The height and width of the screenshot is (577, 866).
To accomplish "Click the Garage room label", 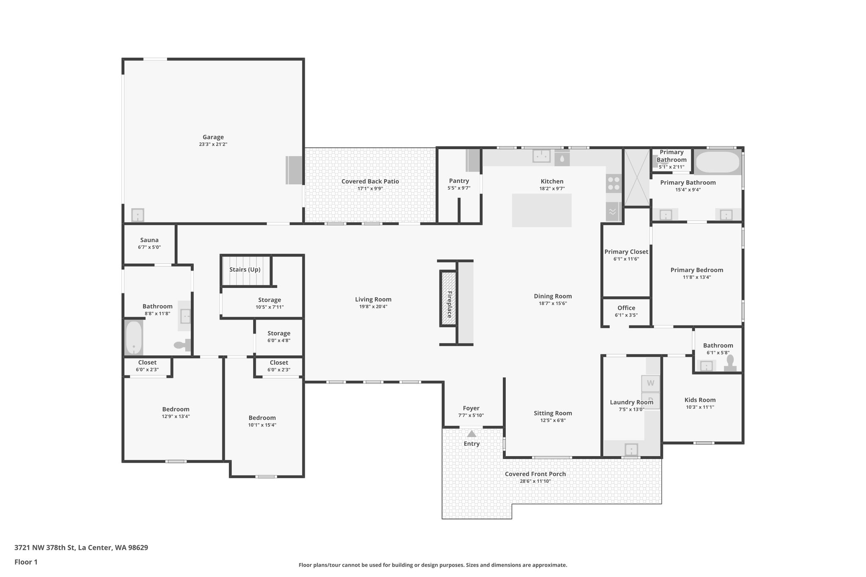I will coord(213,137).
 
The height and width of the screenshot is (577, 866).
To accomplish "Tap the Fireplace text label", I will coord(449,304).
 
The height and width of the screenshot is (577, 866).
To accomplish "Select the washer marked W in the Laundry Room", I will coord(650,383).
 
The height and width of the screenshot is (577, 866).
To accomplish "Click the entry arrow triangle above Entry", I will coord(471,434).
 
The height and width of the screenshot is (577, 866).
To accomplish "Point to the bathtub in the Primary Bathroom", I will coord(718,162).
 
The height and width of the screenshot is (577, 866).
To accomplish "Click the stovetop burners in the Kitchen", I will coord(614,183).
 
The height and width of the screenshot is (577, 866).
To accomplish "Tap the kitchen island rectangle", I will coord(542,211).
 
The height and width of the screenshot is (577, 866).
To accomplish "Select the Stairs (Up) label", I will coord(245,270).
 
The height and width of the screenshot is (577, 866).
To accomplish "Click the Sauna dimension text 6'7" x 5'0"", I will coord(149,247).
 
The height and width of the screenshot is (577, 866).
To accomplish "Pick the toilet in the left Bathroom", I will coord(182,345).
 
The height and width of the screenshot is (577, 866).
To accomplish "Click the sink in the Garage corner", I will coord(137,215).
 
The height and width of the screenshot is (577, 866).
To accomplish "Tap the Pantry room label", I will coord(459,181).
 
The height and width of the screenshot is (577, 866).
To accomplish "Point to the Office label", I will coord(626,308).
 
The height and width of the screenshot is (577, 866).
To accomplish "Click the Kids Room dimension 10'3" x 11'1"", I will coord(700,407).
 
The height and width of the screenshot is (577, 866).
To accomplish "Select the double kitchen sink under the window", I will coord(541,156).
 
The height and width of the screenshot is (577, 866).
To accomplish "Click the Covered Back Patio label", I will coord(370,181).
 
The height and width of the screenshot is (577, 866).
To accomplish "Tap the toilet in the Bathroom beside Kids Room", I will coord(730,363).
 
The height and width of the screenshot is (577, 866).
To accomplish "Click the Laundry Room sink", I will coord(631,449).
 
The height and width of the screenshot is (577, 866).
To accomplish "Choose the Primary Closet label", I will coord(626,252).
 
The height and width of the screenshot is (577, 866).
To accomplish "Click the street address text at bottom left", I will coord(81,547).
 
